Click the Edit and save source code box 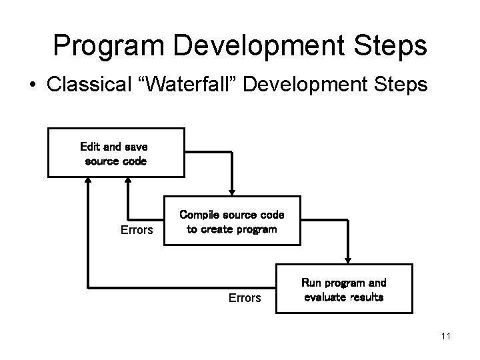coord(116,153)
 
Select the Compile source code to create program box coord(232,221)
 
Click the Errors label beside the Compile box coord(137,231)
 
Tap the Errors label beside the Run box coord(244,298)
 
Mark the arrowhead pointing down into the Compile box coord(231,191)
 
